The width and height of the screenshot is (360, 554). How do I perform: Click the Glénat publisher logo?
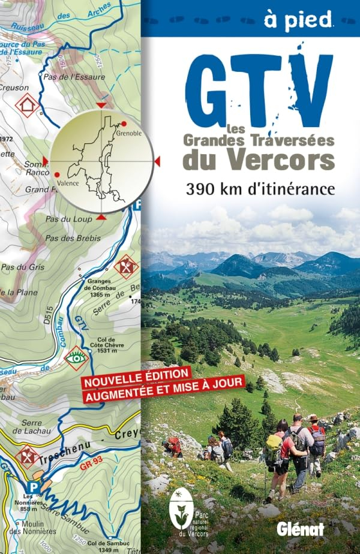pyautogui.click(x=299, y=528)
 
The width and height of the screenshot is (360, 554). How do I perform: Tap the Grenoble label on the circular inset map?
pyautogui.click(x=129, y=133)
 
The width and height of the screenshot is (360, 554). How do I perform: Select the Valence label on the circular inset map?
pyautogui.click(x=68, y=183)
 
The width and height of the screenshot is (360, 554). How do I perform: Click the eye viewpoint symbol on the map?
pyautogui.click(x=76, y=357)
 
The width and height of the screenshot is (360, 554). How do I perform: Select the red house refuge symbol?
pyautogui.click(x=26, y=104)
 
